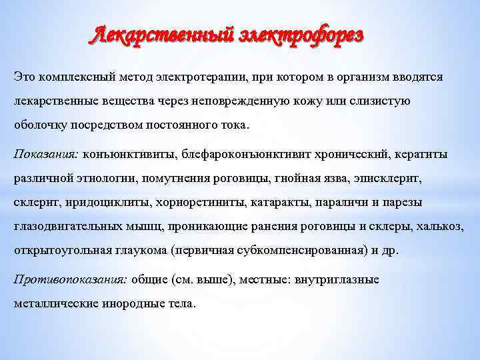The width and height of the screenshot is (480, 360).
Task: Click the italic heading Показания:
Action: (x=46, y=154)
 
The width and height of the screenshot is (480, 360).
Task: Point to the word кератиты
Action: (x=425, y=154)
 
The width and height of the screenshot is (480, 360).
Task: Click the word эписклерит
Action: (x=389, y=178)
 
